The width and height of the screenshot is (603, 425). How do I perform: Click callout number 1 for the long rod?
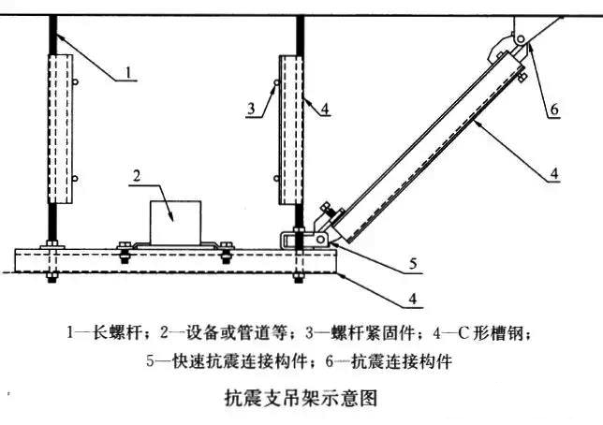pos(128,72)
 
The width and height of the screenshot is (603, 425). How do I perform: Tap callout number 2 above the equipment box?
pos(137,176)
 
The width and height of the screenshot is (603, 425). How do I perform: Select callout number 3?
pos(251,109)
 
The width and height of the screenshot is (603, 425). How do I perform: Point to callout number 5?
pos(413,264)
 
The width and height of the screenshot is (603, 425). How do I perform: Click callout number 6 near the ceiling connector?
pos(554,110)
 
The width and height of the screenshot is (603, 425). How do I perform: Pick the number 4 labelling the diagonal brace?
pos(554,173)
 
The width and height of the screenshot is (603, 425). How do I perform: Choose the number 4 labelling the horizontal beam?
pos(413,299)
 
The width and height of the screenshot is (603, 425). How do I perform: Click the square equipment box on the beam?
pos(175,223)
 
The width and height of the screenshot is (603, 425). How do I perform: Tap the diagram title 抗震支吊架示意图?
pos(301,398)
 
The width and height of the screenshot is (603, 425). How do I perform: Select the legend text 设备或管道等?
pos(237,332)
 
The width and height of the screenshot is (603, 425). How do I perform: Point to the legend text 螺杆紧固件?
pos(373,332)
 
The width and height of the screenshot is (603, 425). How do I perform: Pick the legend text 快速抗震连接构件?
pos(239,361)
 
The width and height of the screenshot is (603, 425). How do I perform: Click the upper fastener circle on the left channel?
pos(75,82)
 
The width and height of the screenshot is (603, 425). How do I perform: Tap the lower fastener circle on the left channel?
pos(75,179)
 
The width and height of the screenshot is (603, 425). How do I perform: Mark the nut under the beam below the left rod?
pos(51,277)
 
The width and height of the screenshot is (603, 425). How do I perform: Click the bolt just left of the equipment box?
pos(124,252)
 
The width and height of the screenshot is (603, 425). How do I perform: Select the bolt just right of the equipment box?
pos(227,253)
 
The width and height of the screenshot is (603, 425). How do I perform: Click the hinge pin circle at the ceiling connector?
pos(521,38)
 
